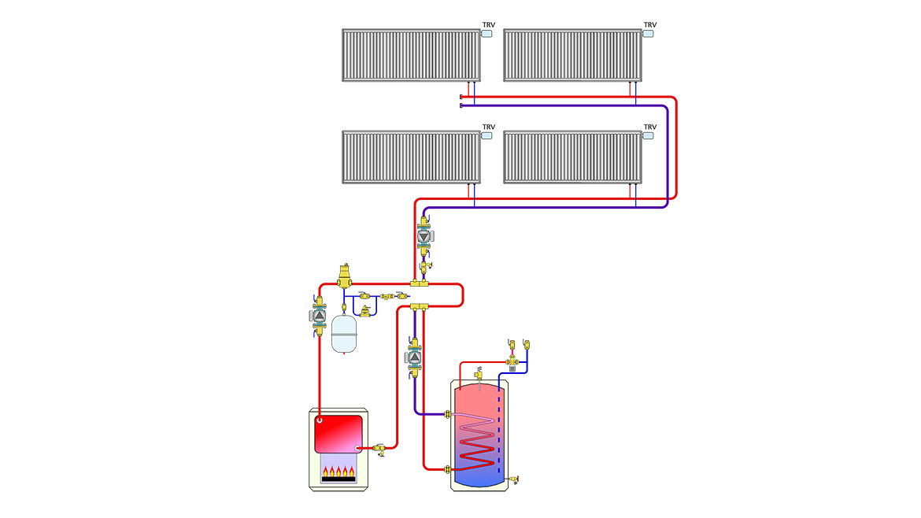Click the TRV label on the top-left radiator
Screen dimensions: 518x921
(489, 24)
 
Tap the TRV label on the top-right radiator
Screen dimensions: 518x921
(650, 24)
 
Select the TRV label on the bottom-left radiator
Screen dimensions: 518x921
(489, 127)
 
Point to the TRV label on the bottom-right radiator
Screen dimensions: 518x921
(650, 127)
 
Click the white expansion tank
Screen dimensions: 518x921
(344, 334)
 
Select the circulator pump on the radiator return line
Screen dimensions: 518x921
(425, 236)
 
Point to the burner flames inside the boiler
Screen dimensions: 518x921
(339, 472)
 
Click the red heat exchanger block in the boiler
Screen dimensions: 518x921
(339, 433)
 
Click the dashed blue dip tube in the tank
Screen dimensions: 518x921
(499, 425)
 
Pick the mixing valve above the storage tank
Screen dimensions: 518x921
(513, 362)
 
